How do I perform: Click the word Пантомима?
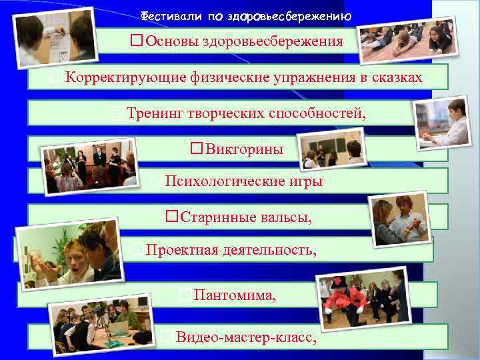click(234, 295)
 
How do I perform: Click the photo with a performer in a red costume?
click(363, 300)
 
